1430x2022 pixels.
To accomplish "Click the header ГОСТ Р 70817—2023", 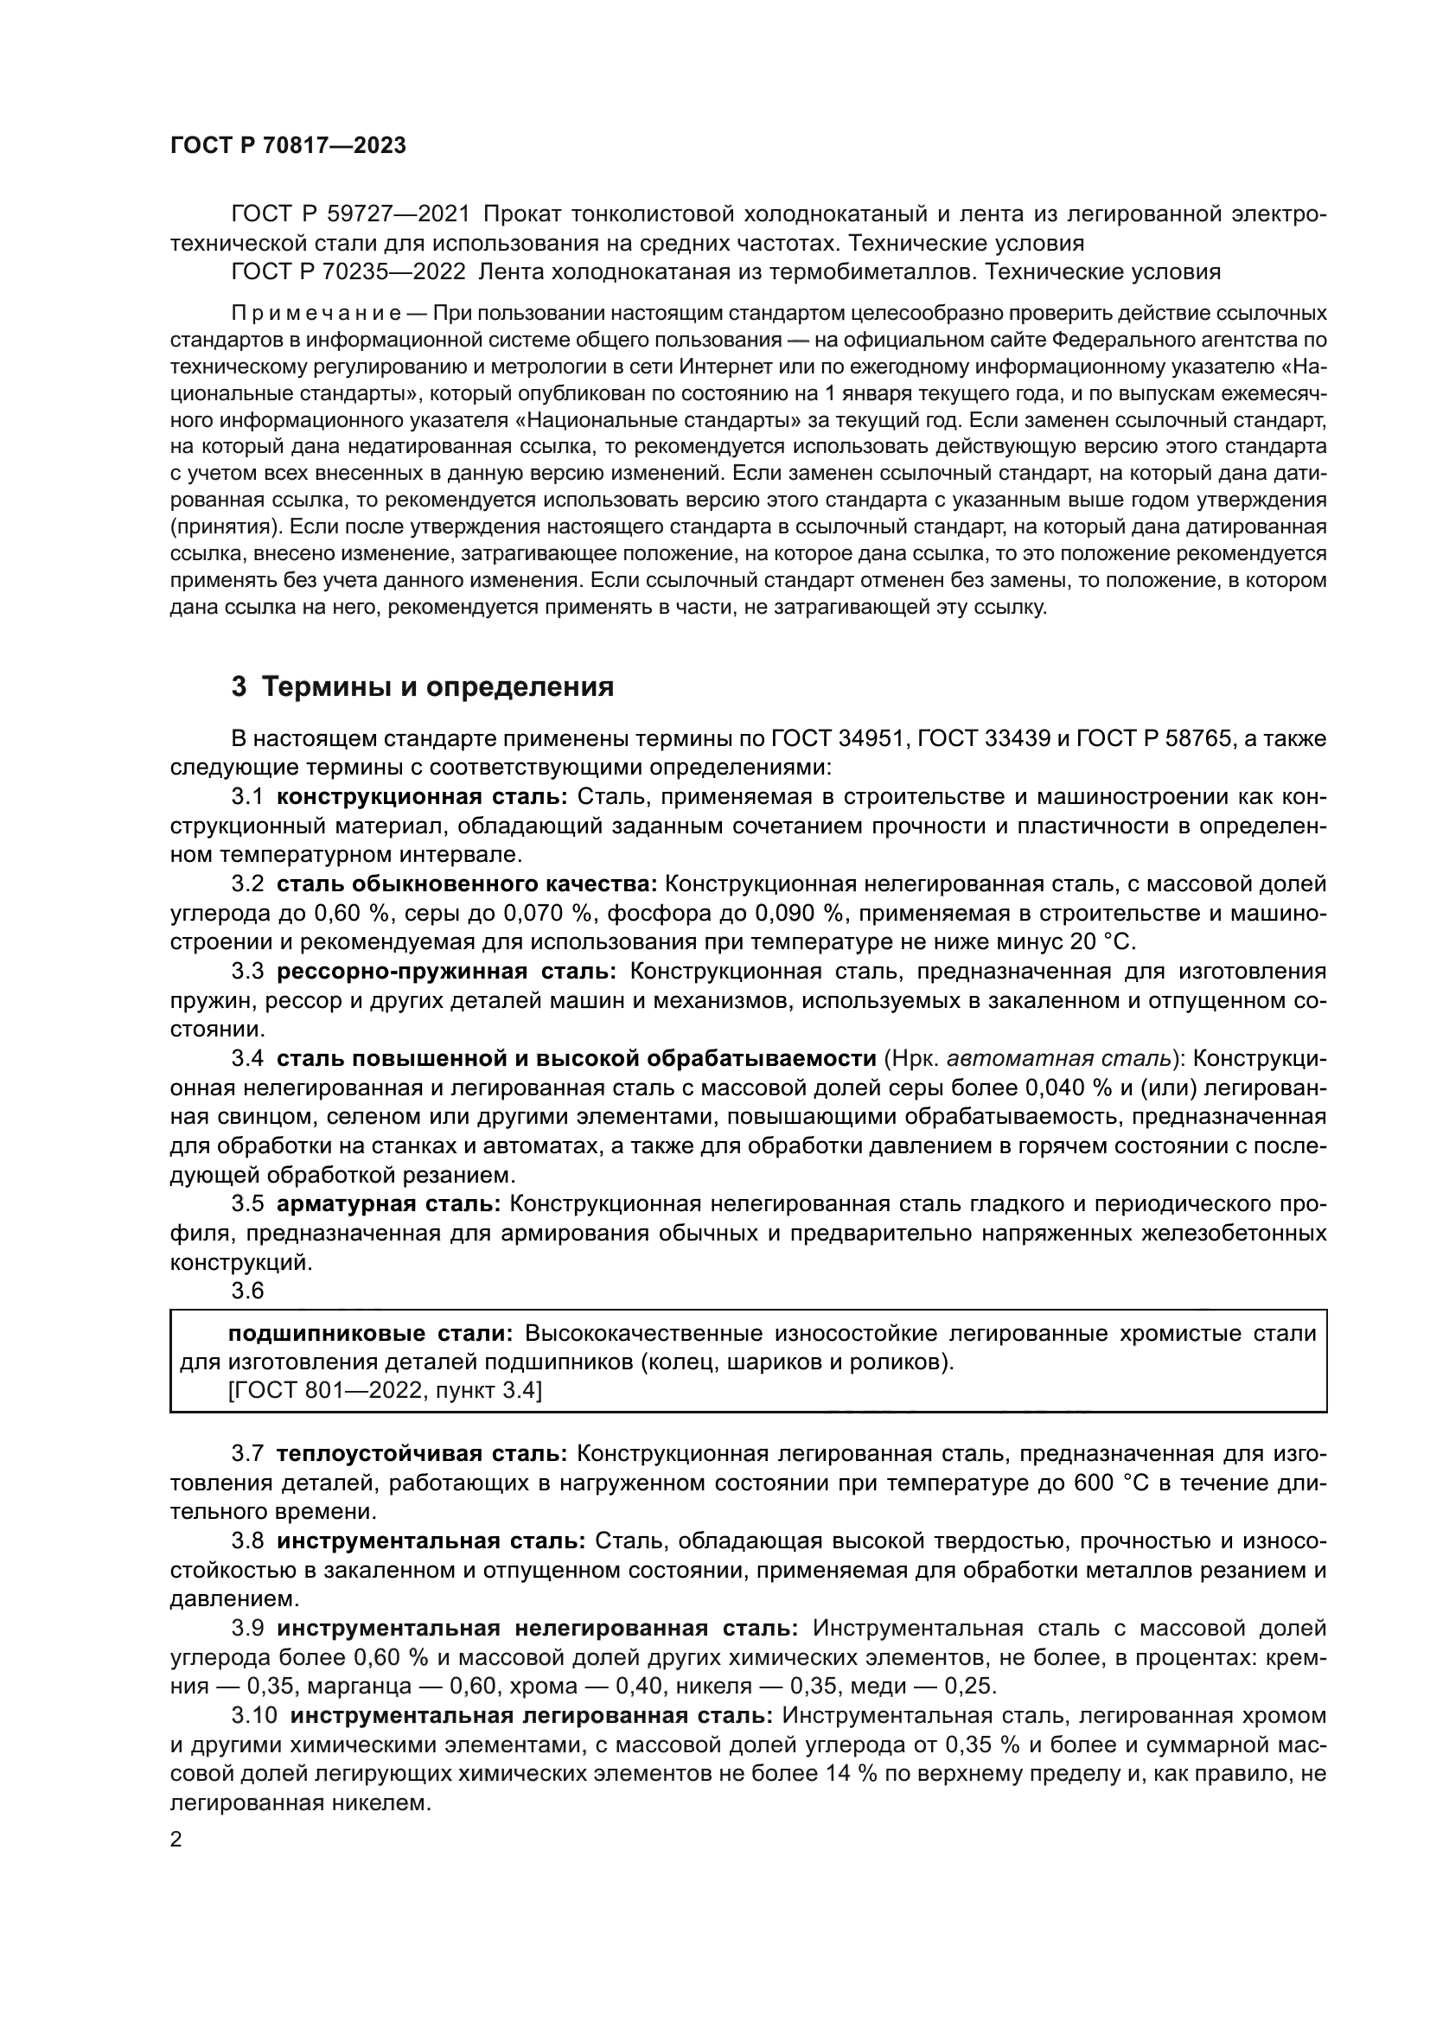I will click(x=288, y=146).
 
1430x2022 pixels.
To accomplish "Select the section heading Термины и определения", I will click(x=423, y=687).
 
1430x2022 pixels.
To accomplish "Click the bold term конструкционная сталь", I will click(x=423, y=797).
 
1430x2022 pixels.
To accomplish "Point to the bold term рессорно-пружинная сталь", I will click(x=446, y=972).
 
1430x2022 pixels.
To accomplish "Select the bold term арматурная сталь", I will click(x=388, y=1204).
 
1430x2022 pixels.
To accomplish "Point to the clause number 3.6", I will click(x=247, y=1290).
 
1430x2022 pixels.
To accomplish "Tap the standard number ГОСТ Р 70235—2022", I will click(x=348, y=272).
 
